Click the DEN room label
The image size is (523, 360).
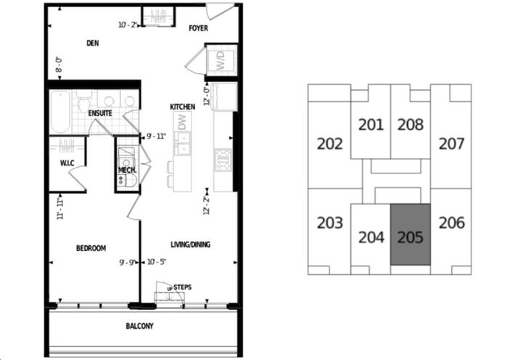(x=92, y=43)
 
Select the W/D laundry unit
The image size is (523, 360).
(x=221, y=61)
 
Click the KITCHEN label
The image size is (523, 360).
(x=182, y=107)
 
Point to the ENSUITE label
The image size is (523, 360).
(x=99, y=114)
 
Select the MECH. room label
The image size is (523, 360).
(x=128, y=171)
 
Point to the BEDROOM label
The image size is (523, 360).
(x=91, y=248)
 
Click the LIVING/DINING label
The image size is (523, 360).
(x=190, y=245)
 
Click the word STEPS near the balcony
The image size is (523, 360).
(x=182, y=287)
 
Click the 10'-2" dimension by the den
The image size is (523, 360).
(x=128, y=25)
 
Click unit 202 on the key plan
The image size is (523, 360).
(x=330, y=144)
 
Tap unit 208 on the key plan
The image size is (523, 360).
(x=411, y=125)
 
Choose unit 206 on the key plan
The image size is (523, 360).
(x=452, y=223)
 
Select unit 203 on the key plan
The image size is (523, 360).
(x=330, y=223)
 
